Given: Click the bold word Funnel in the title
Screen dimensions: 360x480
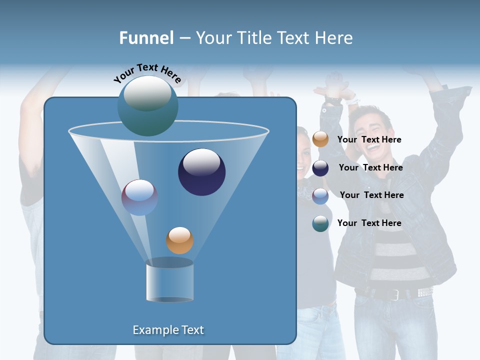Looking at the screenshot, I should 146,38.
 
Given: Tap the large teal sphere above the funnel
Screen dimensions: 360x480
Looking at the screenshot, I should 147,106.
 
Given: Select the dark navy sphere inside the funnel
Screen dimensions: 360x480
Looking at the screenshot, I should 201,172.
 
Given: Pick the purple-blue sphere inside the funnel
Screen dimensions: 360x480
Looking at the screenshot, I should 139,197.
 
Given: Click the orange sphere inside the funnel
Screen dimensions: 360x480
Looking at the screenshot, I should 179,240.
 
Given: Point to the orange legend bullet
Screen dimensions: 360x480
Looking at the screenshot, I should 320,139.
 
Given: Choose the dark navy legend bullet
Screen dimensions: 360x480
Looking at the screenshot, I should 320,168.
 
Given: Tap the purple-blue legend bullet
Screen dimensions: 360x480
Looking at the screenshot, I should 320,196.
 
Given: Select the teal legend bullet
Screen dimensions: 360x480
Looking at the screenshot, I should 320,223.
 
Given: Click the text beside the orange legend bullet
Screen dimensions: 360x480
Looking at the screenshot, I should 369,139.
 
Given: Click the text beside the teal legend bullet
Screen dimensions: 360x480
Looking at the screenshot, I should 369,223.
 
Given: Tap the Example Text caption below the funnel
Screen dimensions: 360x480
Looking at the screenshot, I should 168,330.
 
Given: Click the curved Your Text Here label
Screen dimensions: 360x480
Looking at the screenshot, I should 147,73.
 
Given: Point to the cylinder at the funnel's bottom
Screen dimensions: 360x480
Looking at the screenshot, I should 169,281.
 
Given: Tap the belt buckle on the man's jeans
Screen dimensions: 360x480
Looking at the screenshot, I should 394,294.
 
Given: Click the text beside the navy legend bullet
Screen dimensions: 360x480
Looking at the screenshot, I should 370,167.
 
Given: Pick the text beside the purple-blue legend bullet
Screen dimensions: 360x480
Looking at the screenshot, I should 371,195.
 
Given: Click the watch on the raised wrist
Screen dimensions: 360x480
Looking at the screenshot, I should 332,100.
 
